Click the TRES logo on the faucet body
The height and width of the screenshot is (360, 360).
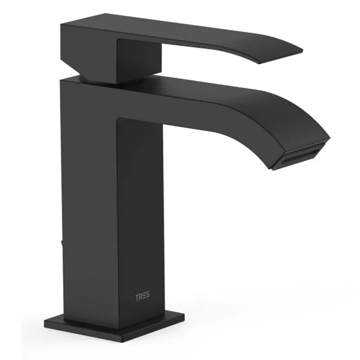click(142, 296)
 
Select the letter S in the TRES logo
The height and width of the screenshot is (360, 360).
click(148, 295)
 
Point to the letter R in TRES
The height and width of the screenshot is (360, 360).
click(140, 297)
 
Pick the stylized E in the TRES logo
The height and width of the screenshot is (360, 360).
click(144, 296)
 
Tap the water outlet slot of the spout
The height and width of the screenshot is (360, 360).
click(300, 157)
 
